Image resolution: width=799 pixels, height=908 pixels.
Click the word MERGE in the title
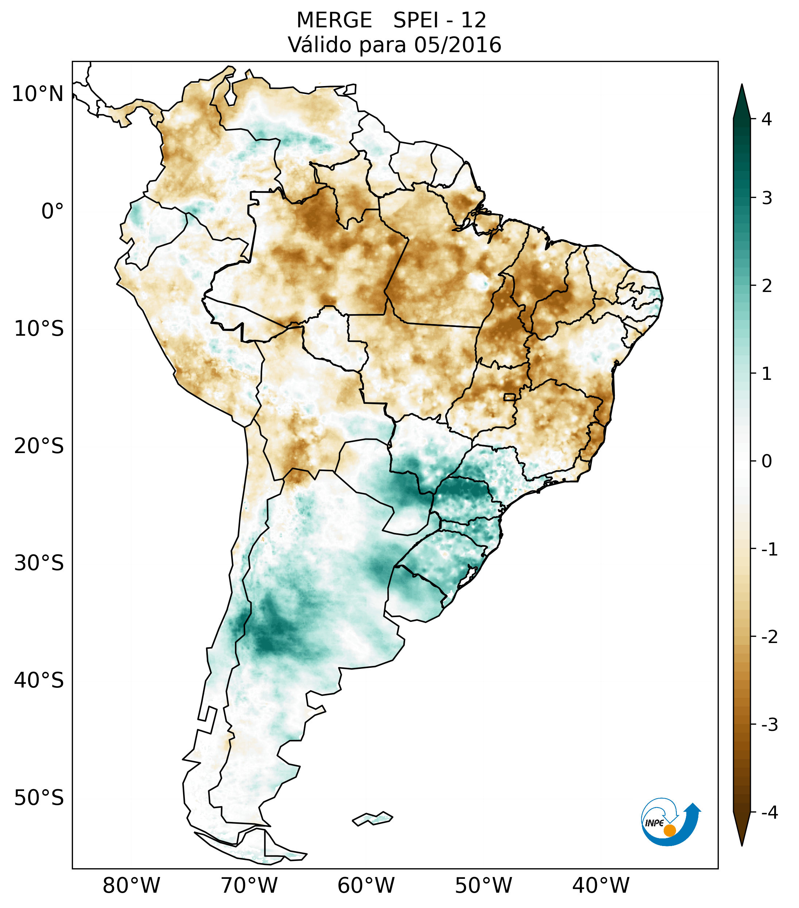[334, 20]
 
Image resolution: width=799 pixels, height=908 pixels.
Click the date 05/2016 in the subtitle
[457, 45]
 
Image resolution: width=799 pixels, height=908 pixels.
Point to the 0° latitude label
[52, 211]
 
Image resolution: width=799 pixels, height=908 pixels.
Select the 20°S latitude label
[39, 446]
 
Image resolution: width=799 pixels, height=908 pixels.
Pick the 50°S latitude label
[39, 798]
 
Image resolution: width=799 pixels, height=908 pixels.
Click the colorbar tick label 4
[767, 119]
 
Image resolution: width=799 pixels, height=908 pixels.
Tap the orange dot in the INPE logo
[669, 830]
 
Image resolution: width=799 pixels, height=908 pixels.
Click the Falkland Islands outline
[372, 819]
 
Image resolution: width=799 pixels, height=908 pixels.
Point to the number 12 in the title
[473, 20]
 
